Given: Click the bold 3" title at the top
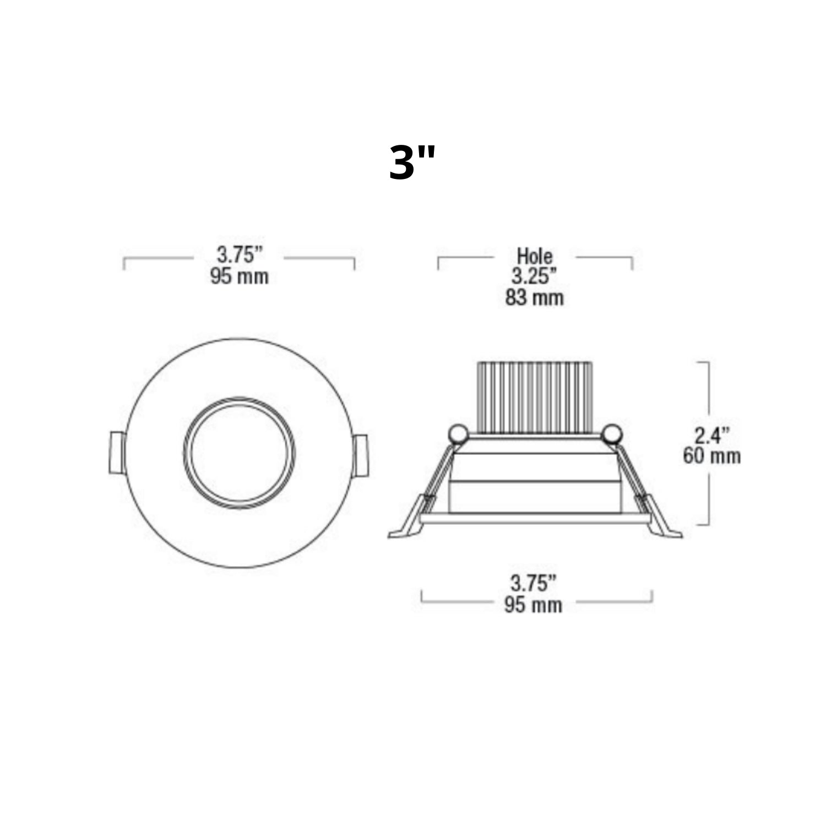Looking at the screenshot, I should tap(412, 163).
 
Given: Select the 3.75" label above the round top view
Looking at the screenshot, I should tap(239, 255).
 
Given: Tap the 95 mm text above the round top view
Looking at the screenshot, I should tap(239, 276).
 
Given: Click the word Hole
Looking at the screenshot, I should tap(534, 256).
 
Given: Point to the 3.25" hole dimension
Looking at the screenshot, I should tap(534, 276).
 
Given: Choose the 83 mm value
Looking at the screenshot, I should tap(534, 298).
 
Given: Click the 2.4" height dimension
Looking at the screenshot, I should tap(711, 435).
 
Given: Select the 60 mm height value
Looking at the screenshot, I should tap(711, 456).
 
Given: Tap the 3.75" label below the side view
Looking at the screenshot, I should tap(533, 583).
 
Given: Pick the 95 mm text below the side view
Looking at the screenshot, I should tap(533, 605).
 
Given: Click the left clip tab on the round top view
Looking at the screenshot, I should tap(117, 453).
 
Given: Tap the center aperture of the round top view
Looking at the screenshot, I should tap(239, 453).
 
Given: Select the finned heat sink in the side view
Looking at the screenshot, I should tap(534, 396).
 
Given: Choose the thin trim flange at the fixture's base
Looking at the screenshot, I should tap(534, 518).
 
